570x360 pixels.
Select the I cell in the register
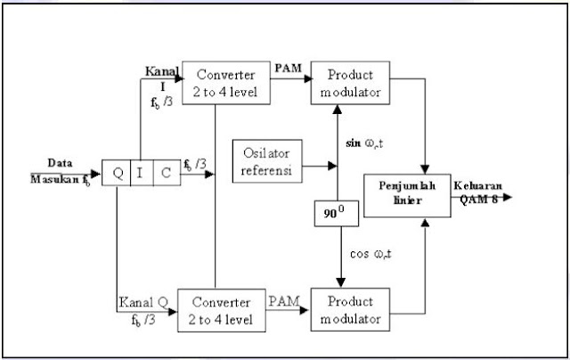tap(141, 172)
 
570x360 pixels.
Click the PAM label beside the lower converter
tap(284, 295)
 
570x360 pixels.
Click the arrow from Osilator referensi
tap(321, 166)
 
